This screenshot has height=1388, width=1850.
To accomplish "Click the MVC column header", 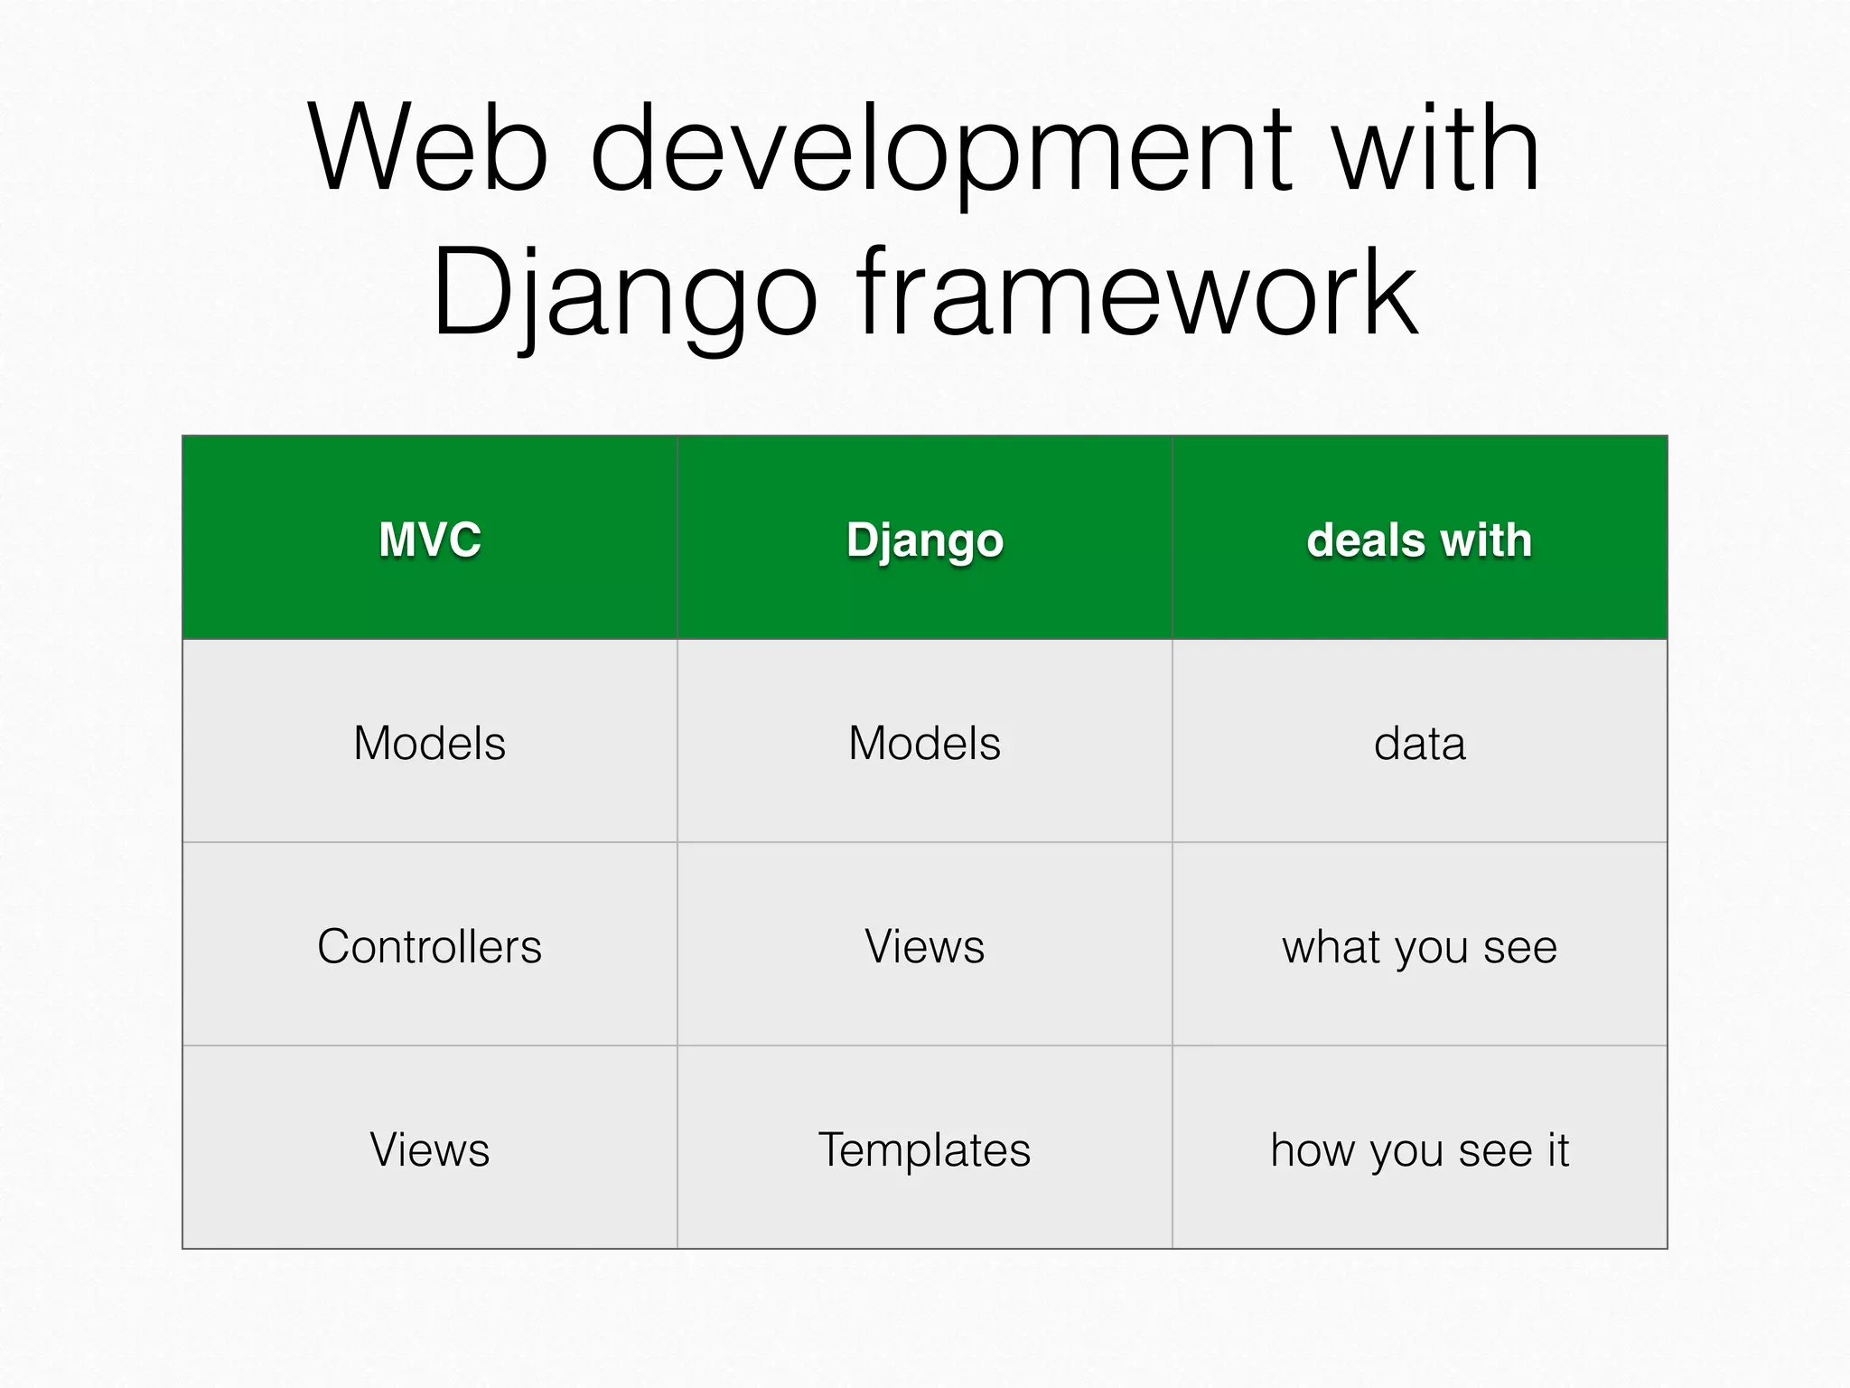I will click(429, 539).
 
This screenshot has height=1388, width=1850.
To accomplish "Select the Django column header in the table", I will click(924, 539).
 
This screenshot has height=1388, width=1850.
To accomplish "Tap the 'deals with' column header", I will click(1419, 539).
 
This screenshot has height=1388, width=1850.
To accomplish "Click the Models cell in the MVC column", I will click(429, 743).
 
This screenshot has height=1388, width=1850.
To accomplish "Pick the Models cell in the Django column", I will click(924, 743).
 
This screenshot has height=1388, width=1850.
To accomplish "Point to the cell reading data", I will click(1419, 743).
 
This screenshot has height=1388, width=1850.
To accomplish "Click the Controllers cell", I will click(429, 946).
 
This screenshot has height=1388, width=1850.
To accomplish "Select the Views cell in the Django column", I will click(924, 946).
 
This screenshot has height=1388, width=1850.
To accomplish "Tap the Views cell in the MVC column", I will click(429, 1149).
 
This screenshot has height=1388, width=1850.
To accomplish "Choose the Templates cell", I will click(924, 1149).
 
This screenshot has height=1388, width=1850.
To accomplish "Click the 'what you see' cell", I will click(1419, 947).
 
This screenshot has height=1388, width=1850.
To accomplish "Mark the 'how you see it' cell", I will click(1419, 1149).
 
